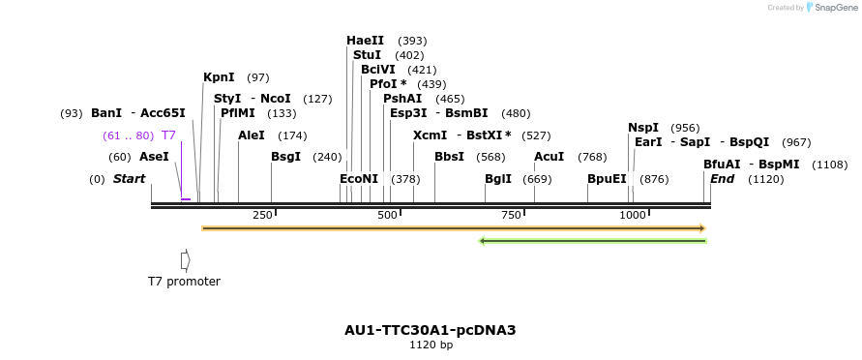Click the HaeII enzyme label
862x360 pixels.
pos(365,41)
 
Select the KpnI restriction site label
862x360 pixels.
pos(219,77)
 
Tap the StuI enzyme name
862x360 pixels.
pos(368,55)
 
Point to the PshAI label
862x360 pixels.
pos(402,99)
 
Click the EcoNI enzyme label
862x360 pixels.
pos(359,179)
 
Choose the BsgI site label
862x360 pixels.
pos(285,157)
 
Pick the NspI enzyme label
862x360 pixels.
pos(643,128)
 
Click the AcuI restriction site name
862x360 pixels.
pos(549,157)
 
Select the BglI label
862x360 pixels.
pos(498,179)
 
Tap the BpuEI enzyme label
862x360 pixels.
pos(607,179)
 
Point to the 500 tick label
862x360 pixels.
pos(387,215)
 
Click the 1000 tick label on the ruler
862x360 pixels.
pos(632,215)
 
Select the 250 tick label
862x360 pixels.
pos(262,215)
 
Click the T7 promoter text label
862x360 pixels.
pos(184,282)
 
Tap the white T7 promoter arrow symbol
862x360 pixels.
pos(185,260)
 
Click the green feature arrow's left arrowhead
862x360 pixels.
pos(482,241)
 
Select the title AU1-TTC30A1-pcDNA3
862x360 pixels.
pos(431,330)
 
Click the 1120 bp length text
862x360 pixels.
pos(431,345)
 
